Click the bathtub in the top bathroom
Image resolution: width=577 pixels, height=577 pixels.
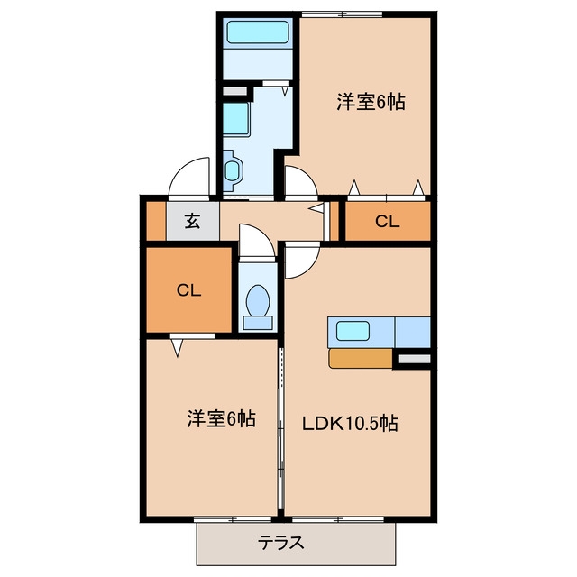click(257, 32)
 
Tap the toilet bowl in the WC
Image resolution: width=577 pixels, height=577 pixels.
click(258, 300)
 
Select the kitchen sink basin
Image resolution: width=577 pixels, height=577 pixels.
click(353, 331)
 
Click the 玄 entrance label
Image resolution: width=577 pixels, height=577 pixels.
click(192, 221)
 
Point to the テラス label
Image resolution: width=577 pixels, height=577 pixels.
click(280, 543)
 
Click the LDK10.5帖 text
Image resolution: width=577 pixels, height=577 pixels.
click(350, 423)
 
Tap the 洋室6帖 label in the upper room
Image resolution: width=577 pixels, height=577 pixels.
click(371, 102)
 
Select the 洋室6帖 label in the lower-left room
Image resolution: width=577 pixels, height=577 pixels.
click(221, 418)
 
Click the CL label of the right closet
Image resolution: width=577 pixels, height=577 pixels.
click(387, 222)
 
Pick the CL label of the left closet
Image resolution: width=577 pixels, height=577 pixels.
click(188, 290)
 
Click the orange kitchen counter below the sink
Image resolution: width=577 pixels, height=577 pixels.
click(361, 359)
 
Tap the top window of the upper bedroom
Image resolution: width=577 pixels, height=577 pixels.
click(343, 14)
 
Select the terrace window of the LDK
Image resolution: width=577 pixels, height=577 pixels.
click(338, 519)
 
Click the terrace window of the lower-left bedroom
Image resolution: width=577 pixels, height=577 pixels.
click(233, 519)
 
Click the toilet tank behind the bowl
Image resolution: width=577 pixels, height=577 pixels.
click(258, 323)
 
